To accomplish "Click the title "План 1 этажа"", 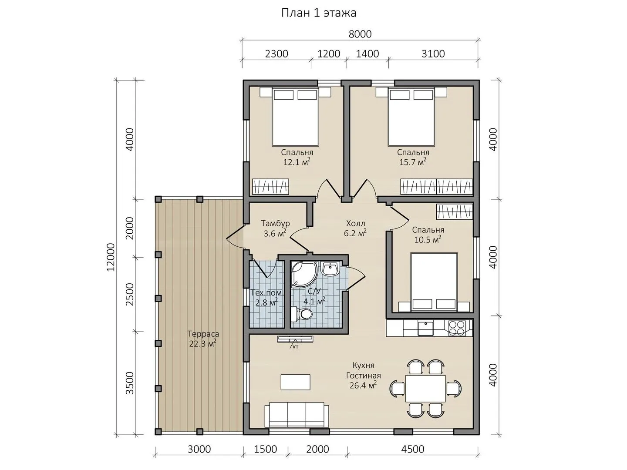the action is (x=318, y=13).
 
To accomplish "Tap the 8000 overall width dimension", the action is (x=360, y=34).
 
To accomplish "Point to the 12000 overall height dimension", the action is (x=111, y=257).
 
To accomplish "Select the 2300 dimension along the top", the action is (x=276, y=54).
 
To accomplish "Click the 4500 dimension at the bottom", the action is (x=412, y=449).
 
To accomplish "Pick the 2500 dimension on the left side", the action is (x=130, y=294).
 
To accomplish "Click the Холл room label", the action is (x=355, y=223).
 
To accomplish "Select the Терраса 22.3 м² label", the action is (x=203, y=339).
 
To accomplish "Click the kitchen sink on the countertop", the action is (x=425, y=328).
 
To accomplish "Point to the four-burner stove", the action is (x=457, y=328).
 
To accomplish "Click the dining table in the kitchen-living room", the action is (x=425, y=388).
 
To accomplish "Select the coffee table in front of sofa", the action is (x=295, y=382).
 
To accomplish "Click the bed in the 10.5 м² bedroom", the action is (x=434, y=282).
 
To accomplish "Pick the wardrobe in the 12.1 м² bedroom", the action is (x=270, y=187).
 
